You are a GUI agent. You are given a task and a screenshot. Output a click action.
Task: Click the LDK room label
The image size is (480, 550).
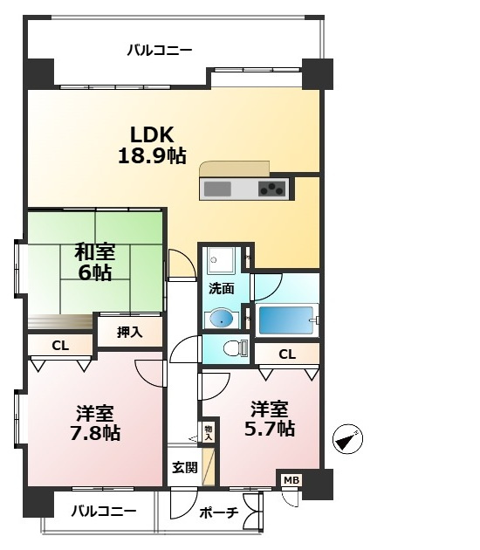click(x=153, y=135)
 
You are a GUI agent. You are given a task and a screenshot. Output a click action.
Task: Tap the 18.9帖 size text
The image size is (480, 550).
click(x=153, y=156)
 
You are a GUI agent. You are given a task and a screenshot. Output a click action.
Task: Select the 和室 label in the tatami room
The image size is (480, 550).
click(x=94, y=252)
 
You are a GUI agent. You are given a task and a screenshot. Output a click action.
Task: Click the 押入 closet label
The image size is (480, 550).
click(x=130, y=332)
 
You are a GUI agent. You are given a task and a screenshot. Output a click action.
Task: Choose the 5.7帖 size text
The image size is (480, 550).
click(x=271, y=429)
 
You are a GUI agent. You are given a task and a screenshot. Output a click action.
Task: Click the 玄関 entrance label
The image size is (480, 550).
click(x=184, y=467)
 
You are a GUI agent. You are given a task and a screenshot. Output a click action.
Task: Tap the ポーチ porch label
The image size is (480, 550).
click(x=219, y=512)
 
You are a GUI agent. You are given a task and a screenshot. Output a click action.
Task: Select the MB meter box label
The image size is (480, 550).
click(x=291, y=479)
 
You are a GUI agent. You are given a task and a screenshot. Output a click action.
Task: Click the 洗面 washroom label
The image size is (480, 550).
click(x=221, y=288)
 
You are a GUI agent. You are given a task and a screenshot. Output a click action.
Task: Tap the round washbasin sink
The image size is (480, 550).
click(x=221, y=317)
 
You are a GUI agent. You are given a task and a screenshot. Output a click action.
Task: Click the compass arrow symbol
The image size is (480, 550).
click(x=348, y=439)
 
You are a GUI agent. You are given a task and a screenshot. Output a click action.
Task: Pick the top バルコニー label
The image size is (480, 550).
click(x=160, y=50)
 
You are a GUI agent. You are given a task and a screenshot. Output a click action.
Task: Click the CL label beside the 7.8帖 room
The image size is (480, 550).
click(x=59, y=346)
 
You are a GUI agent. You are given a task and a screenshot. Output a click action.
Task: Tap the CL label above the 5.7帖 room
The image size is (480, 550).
click(x=286, y=354)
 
